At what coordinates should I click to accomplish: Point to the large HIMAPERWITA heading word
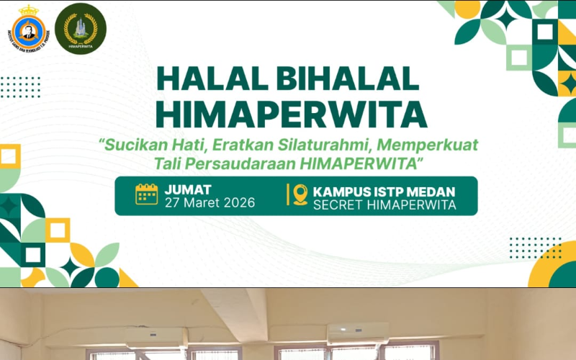[x=291, y=113]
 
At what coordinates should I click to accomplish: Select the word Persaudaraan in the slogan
[x=240, y=164]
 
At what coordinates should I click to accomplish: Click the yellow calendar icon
[x=146, y=195]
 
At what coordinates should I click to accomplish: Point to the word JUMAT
[x=188, y=189]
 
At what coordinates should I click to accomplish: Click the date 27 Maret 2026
[x=210, y=203]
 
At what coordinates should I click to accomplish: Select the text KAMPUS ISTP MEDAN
[x=384, y=192]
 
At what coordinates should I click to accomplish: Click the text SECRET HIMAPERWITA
[x=384, y=205]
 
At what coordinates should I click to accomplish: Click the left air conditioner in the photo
[x=156, y=336]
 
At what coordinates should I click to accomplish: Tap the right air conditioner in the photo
[x=358, y=332]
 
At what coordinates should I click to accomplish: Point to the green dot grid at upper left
[x=20, y=86]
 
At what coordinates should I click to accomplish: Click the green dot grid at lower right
[x=534, y=248]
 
